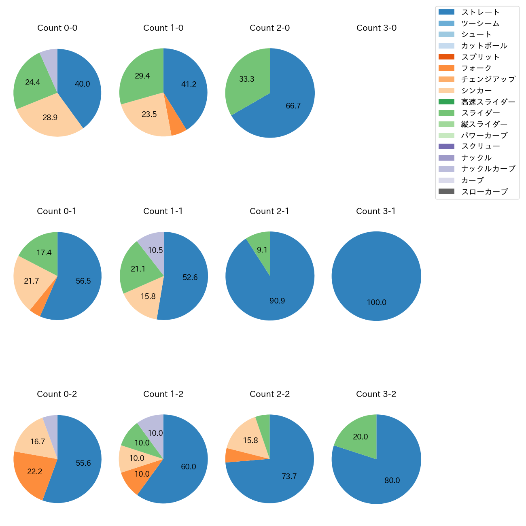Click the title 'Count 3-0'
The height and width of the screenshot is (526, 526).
point(376,28)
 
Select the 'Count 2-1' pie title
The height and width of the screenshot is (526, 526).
point(269,211)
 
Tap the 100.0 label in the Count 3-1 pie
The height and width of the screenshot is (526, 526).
point(376,303)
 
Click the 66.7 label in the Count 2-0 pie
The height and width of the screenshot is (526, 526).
point(293,106)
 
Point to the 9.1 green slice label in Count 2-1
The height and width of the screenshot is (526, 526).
point(262,250)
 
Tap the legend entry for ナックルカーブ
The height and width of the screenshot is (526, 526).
point(488,169)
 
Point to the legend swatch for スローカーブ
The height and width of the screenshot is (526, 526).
point(446,191)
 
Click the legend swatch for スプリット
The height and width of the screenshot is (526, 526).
point(446,57)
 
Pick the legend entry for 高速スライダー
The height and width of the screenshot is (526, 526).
point(488,102)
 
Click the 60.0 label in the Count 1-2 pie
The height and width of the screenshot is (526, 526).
point(188,467)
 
